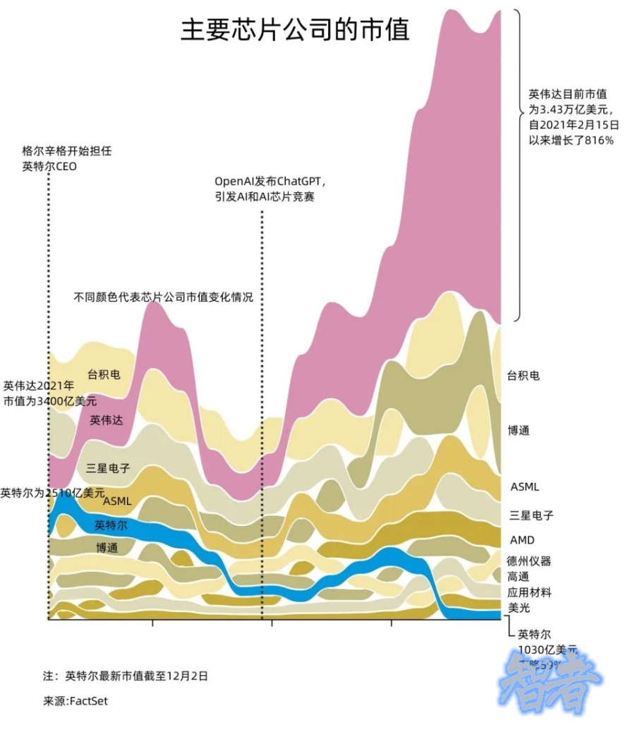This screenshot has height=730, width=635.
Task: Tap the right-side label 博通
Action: pyautogui.click(x=518, y=430)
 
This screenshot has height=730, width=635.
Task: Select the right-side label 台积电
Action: pyautogui.click(x=523, y=376)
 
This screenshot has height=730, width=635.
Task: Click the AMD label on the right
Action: pyautogui.click(x=522, y=540)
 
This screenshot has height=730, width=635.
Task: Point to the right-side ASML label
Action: pyautogui.click(x=524, y=487)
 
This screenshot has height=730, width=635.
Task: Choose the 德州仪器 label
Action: pyautogui.click(x=528, y=561)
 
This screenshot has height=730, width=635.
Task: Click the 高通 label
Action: pyautogui.click(x=518, y=577)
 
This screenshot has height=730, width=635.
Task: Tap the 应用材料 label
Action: pyautogui.click(x=528, y=592)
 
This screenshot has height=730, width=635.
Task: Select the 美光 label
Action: pyautogui.click(x=518, y=607)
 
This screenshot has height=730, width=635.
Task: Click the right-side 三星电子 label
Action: pyautogui.click(x=531, y=515)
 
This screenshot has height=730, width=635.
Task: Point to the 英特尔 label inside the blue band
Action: pyautogui.click(x=111, y=525)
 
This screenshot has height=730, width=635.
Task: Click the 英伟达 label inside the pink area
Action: pyautogui.click(x=107, y=420)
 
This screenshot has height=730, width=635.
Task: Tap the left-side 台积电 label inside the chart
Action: pyautogui.click(x=104, y=374)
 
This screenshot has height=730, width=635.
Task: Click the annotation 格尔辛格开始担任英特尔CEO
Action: pyautogui.click(x=66, y=159)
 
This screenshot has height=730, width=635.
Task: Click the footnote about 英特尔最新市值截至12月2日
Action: pyautogui.click(x=126, y=676)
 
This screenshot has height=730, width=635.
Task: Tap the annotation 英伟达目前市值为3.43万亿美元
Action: pyautogui.click(x=574, y=116)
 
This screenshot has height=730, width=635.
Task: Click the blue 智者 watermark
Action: pyautogui.click(x=550, y=681)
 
